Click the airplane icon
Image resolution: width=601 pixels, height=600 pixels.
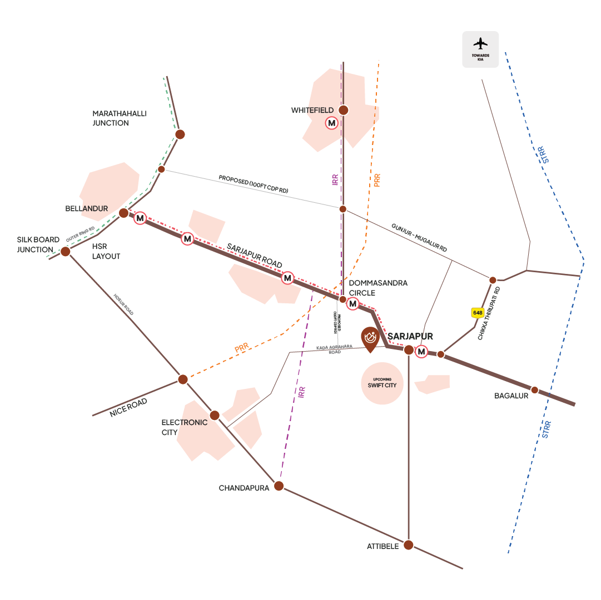click(481, 43)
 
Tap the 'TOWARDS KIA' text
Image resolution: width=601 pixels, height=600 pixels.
click(481, 58)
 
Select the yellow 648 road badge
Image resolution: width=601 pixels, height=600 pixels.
click(478, 313)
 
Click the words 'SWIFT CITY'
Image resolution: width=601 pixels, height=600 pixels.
click(382, 385)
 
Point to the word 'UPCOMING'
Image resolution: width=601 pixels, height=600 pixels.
click(382, 379)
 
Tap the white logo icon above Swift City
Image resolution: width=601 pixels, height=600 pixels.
click(370, 336)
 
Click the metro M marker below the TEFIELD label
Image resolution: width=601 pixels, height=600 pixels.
click(332, 123)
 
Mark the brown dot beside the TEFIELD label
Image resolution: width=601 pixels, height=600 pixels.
click(344, 110)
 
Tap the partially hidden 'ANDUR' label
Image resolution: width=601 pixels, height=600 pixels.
click(92, 209)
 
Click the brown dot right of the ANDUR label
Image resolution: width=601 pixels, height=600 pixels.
click(123, 213)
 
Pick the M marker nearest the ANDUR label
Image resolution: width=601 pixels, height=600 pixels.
click(140, 218)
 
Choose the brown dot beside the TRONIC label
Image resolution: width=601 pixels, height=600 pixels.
click(215, 415)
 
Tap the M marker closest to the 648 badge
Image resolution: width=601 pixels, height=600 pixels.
click(421, 351)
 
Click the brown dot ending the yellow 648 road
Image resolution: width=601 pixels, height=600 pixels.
click(441, 354)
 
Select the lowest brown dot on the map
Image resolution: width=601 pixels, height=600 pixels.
click(408, 545)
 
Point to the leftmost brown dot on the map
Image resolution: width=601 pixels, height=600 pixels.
click(65, 251)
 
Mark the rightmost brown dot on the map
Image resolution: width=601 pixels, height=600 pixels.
click(534, 390)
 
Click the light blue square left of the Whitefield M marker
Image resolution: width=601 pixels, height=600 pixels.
click(297, 135)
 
